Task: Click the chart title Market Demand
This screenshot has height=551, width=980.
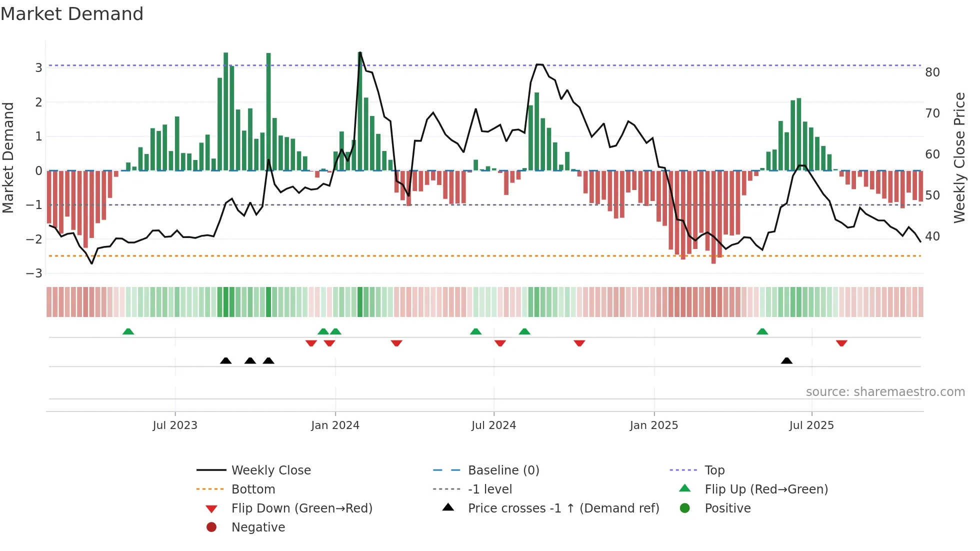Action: click(x=72, y=14)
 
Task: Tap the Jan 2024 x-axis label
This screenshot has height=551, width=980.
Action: click(x=335, y=425)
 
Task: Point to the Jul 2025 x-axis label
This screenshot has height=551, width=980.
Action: click(x=811, y=425)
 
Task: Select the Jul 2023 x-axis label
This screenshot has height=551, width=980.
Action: click(x=175, y=425)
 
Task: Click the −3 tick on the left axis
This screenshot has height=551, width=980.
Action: click(x=34, y=273)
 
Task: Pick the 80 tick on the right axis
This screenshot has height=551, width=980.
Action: click(x=932, y=72)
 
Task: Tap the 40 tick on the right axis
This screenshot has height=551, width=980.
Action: click(x=932, y=236)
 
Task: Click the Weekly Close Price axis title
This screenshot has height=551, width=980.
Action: click(x=959, y=157)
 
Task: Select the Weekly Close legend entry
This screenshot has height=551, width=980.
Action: click(x=270, y=470)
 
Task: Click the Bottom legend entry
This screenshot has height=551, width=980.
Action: click(x=253, y=489)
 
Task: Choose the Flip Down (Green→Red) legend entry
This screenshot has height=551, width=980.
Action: click(x=301, y=508)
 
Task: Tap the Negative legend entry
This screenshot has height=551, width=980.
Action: click(x=258, y=527)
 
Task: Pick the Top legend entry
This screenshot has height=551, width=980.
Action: click(x=714, y=470)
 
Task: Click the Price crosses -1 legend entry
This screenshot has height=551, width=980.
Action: click(x=563, y=508)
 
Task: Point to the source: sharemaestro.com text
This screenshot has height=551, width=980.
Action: click(x=885, y=392)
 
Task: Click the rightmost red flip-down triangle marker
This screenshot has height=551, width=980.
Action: click(x=841, y=343)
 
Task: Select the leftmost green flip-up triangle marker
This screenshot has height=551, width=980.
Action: click(x=128, y=331)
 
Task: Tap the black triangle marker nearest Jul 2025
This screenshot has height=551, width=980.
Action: click(x=786, y=360)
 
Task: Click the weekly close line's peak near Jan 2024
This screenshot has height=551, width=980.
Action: click(x=360, y=52)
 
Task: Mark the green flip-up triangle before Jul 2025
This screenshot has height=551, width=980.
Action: click(x=762, y=331)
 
